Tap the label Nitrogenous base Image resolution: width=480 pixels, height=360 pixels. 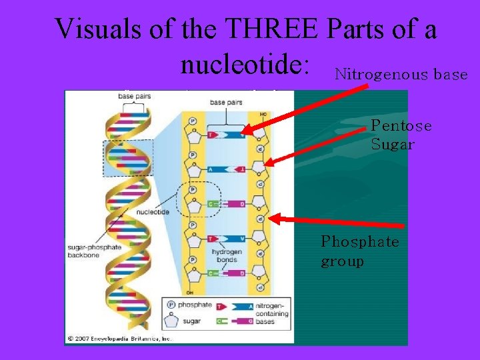(x=401, y=75)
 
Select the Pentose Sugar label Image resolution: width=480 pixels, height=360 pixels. (x=401, y=135)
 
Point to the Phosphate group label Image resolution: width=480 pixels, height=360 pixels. (x=359, y=250)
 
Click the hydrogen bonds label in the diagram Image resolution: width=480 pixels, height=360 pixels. (x=226, y=255)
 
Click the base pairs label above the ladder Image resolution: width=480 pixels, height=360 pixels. (x=225, y=103)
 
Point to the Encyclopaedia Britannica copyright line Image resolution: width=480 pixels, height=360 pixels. (x=120, y=338)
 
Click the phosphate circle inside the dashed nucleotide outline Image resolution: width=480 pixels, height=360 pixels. (x=193, y=189)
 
